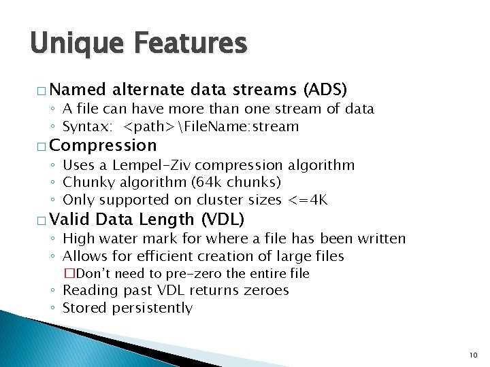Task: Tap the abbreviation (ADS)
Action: point(325,90)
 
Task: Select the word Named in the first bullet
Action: point(78,90)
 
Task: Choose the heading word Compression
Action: point(103,145)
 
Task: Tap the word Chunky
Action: point(85,182)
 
